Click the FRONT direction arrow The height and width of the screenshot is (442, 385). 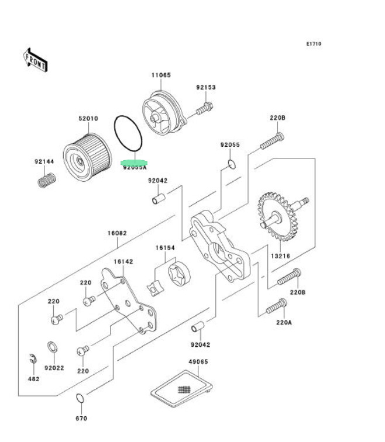click(x=35, y=60)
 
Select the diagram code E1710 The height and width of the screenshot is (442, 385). click(x=314, y=44)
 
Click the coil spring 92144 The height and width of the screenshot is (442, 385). click(x=46, y=179)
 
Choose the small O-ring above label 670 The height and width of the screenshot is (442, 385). click(x=81, y=399)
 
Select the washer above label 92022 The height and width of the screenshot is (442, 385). click(x=52, y=348)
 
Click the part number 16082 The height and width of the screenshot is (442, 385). click(x=116, y=233)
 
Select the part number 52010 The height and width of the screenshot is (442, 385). click(x=88, y=119)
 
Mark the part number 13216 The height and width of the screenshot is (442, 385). click(x=280, y=256)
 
